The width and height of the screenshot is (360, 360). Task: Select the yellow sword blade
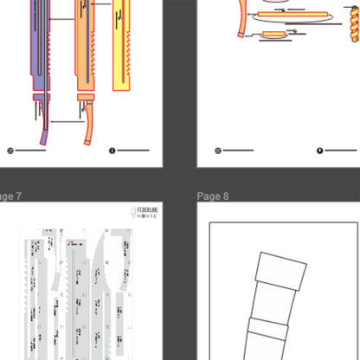tap(124, 43)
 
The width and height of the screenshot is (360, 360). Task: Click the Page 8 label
tap(213, 196)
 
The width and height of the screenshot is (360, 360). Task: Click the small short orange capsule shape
tap(272, 34)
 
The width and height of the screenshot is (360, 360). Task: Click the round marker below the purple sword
tap(10, 151)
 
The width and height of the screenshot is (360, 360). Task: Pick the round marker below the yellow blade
tap(112, 151)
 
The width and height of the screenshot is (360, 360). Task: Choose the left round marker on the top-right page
tap(217, 151)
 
